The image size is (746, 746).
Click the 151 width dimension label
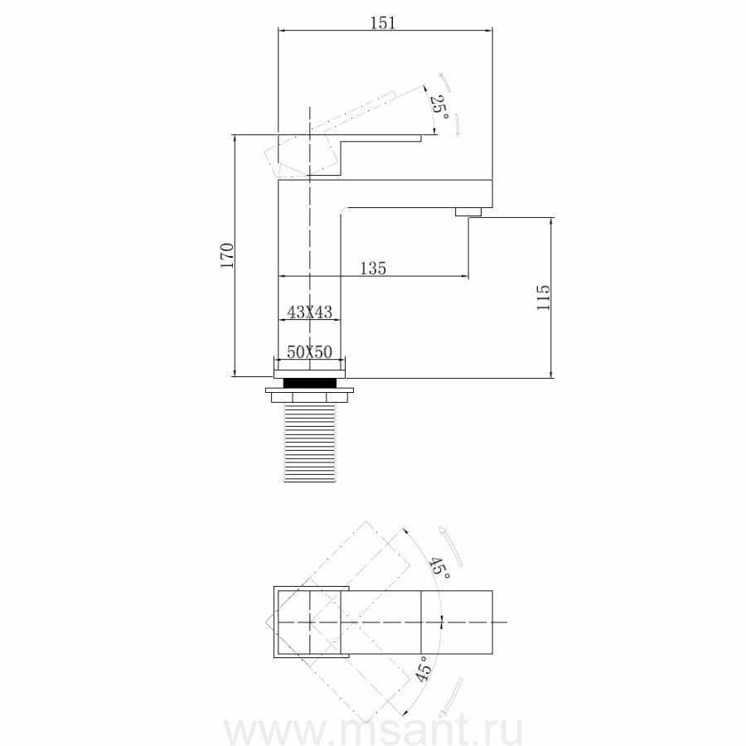(383, 22)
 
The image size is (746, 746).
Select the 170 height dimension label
(227, 255)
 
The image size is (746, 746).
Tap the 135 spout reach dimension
(373, 269)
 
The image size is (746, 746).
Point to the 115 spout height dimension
(543, 298)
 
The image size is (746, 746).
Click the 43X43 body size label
(310, 312)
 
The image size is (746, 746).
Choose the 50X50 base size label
(310, 352)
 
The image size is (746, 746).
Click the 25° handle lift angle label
(439, 108)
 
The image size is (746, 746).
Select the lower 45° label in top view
(424, 668)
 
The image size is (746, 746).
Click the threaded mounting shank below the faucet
(310, 443)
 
